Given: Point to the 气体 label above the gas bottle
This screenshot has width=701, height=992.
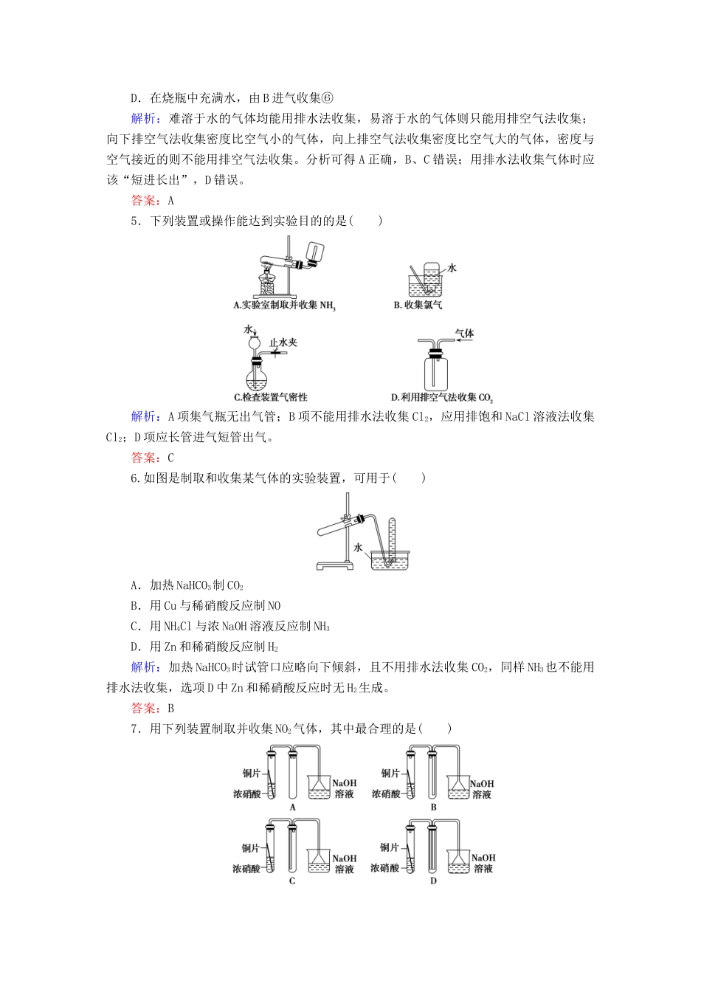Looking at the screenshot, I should click(x=465, y=334).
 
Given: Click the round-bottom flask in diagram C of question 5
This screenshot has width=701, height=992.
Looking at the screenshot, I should click(x=257, y=377).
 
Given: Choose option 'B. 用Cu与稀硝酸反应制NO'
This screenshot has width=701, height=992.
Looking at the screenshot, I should click(x=206, y=606).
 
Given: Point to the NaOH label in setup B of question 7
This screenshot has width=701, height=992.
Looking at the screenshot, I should click(x=482, y=784).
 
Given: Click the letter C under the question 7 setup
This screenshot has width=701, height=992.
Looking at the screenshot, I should click(x=292, y=881).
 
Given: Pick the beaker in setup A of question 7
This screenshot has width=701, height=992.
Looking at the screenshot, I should click(x=320, y=788).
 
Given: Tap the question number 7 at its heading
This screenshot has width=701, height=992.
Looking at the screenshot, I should click(x=134, y=729).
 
